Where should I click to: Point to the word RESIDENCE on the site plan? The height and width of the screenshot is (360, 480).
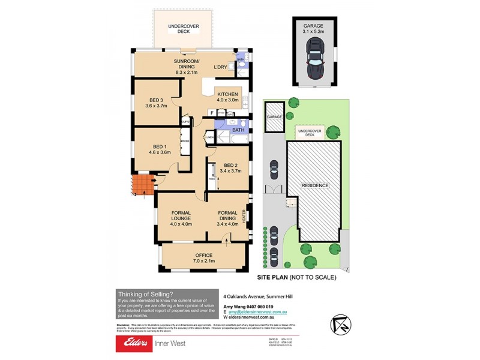point(314,185)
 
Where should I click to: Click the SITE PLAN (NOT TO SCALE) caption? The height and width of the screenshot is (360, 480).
point(296,277)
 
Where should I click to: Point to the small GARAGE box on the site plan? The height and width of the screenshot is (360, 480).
point(274,116)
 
